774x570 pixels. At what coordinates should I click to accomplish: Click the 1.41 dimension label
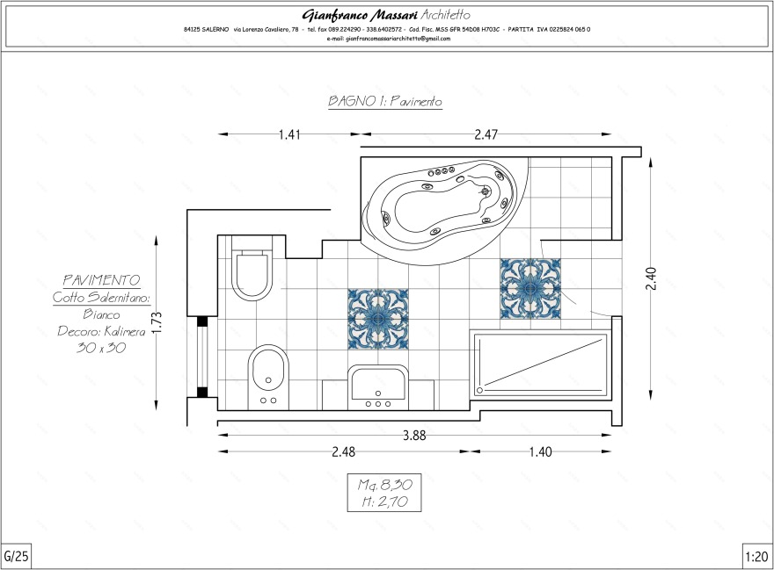coord(289,134)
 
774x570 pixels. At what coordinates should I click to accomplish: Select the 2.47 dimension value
coord(486,134)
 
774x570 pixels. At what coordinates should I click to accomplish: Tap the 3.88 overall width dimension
coord(414,436)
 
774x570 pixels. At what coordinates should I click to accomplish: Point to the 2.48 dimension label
coord(344,451)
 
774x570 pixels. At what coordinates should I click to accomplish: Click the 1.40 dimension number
coord(541,451)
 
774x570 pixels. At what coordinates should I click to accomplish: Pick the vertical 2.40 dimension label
coord(651,278)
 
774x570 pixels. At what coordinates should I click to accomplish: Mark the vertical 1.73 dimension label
coord(157,323)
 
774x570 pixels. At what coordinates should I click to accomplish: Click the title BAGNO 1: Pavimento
coord(385,101)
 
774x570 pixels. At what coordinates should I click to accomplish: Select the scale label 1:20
coord(756,557)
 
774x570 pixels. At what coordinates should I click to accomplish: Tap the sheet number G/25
coord(17,556)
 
